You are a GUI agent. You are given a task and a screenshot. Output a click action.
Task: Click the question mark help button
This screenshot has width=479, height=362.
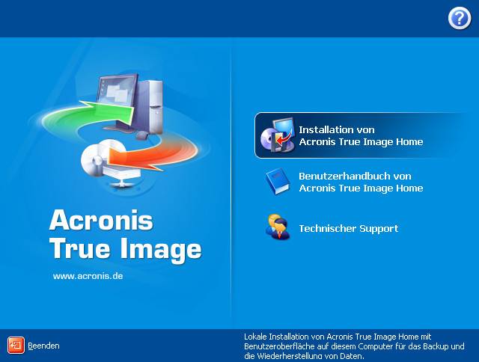[459, 19]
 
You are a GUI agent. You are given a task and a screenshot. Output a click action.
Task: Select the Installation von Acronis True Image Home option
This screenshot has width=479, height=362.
[360, 135]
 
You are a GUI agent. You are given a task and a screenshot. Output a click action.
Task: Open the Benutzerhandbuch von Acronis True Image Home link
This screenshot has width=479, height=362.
[360, 182]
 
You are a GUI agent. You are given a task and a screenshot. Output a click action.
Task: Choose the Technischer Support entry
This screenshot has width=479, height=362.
[348, 228]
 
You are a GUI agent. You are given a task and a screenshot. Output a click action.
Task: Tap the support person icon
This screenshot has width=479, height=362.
[276, 227]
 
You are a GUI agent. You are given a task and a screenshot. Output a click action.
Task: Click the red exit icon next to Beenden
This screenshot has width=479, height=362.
[16, 345]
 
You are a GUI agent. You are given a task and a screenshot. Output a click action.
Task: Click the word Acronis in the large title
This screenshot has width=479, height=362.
[101, 221]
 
